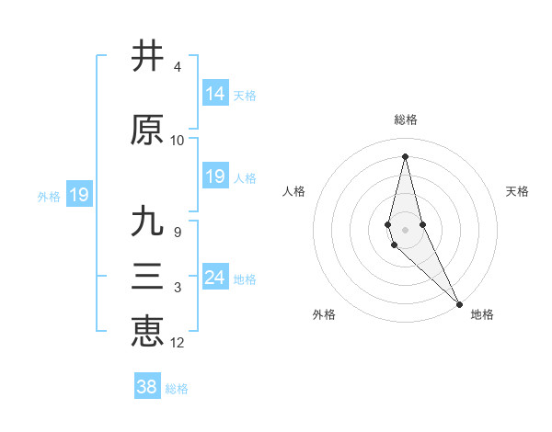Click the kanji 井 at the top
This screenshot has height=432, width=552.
coord(147,57)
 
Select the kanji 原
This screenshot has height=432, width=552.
coord(147,131)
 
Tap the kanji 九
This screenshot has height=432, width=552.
coord(147,222)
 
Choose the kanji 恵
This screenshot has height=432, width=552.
coord(147,332)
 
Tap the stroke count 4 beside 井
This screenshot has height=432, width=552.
coord(177,67)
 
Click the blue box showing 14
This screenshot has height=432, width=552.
coord(214,93)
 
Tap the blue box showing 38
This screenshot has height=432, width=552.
coord(146,387)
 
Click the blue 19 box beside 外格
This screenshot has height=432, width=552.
coord(78,195)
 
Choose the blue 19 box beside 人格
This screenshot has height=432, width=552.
coord(214,176)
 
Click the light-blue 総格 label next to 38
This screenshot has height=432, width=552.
coord(177,389)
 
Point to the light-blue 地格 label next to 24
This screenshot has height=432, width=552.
coord(245,279)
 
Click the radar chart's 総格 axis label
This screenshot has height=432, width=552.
coord(405,119)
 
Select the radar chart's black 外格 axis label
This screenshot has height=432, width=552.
coord(324,314)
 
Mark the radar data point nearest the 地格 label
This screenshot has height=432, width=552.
coord(459,303)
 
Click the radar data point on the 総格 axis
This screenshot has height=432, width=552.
coord(405,155)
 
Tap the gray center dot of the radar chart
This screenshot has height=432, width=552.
coord(405,229)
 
